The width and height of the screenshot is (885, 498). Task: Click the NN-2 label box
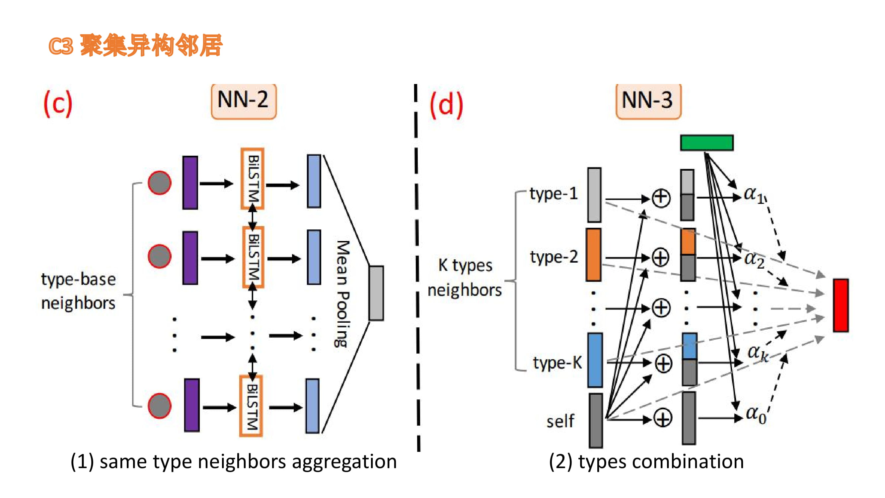244,101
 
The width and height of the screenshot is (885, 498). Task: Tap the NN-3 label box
648,101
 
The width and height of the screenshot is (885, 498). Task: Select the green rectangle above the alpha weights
707,143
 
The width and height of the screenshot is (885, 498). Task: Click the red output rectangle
840,305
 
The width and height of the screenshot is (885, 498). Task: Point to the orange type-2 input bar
593,255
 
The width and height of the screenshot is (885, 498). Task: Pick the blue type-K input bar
595,360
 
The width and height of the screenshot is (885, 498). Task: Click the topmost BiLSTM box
253,179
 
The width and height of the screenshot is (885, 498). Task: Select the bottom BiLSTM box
251,406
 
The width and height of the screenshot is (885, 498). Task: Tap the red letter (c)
58,104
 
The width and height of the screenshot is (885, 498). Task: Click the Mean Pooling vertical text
342,294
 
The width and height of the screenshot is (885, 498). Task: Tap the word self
560,421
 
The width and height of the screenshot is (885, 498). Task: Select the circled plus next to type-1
661,198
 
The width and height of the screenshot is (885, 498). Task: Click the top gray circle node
159,183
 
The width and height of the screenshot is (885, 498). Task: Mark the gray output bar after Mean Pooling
376,293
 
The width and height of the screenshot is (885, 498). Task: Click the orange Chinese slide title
135,45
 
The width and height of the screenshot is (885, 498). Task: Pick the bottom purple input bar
192,405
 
